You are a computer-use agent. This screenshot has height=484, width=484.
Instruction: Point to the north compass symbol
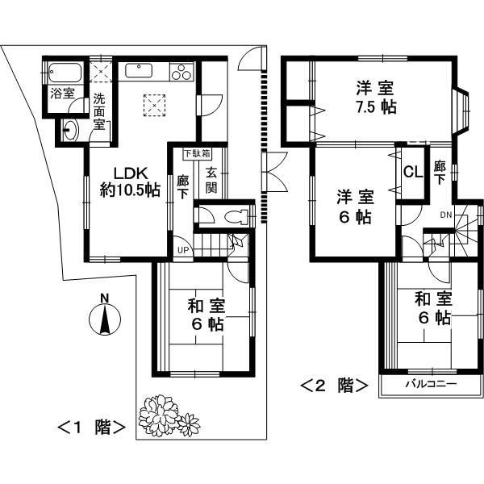pyautogui.click(x=105, y=316)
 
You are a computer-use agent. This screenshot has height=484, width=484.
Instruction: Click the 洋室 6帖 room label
pyautogui.click(x=355, y=206)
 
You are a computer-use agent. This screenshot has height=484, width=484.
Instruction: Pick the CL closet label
pyautogui.click(x=411, y=172)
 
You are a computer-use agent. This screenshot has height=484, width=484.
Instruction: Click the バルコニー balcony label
pyautogui.click(x=430, y=385)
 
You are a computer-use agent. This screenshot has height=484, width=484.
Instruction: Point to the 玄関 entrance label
pyautogui.click(x=211, y=180)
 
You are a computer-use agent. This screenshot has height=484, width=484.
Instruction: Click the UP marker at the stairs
pyautogui.click(x=184, y=249)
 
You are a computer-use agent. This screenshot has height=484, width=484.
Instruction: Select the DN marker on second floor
pyautogui.click(x=445, y=215)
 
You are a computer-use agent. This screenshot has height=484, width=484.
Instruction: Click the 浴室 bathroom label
pyautogui.click(x=61, y=93)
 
